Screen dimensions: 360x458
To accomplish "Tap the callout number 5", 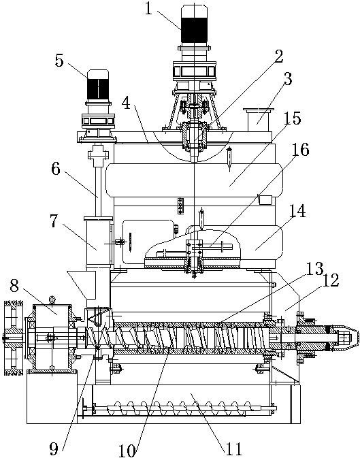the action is tap(59, 61).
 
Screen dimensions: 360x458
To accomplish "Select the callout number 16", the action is tap(301, 150).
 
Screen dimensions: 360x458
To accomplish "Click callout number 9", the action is tap(54, 448).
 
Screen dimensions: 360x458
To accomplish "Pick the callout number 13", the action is tap(315, 268).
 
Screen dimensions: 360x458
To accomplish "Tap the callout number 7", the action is tap(54, 221).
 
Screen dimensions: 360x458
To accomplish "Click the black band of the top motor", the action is tap(195, 30).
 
